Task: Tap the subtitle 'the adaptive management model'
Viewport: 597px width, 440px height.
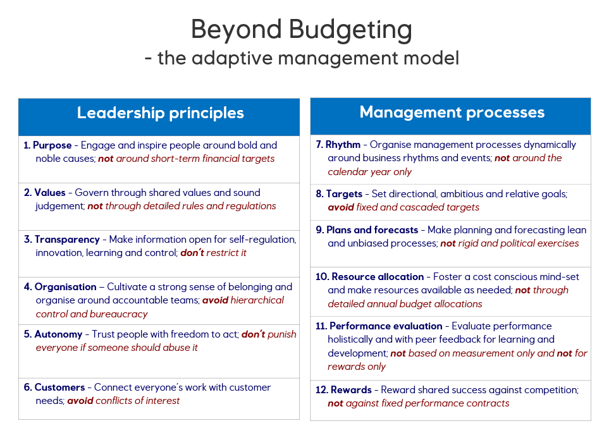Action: pyautogui.click(x=309, y=58)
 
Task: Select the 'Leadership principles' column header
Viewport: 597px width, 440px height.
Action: pyautogui.click(x=160, y=113)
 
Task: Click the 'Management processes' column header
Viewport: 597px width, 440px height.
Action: pyautogui.click(x=452, y=113)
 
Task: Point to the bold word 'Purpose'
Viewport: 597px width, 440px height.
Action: pyautogui.click(x=52, y=145)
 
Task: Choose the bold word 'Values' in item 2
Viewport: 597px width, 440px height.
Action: pyautogui.click(x=50, y=193)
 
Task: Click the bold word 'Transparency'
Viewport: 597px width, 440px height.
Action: pyautogui.click(x=67, y=240)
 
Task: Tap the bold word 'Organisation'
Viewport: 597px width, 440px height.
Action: pyautogui.click(x=66, y=287)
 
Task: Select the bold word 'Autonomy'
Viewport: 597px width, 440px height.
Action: pyautogui.click(x=58, y=334)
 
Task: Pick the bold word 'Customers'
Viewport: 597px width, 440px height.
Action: pyautogui.click(x=60, y=388)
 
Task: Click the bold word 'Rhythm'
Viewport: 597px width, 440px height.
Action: pyautogui.click(x=343, y=145)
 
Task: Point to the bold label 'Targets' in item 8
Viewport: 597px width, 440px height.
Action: pyautogui.click(x=344, y=194)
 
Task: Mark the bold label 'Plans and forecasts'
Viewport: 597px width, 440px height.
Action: pyautogui.click(x=372, y=230)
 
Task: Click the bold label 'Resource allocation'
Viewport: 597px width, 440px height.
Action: pyautogui.click(x=378, y=277)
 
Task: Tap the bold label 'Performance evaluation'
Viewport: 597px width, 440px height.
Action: pyautogui.click(x=386, y=326)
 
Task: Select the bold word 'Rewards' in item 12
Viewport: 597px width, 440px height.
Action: pyautogui.click(x=351, y=390)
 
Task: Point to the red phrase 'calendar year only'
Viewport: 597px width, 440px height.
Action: pyautogui.click(x=370, y=172)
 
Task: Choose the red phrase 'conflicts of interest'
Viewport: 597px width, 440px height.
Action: pyautogui.click(x=137, y=401)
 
